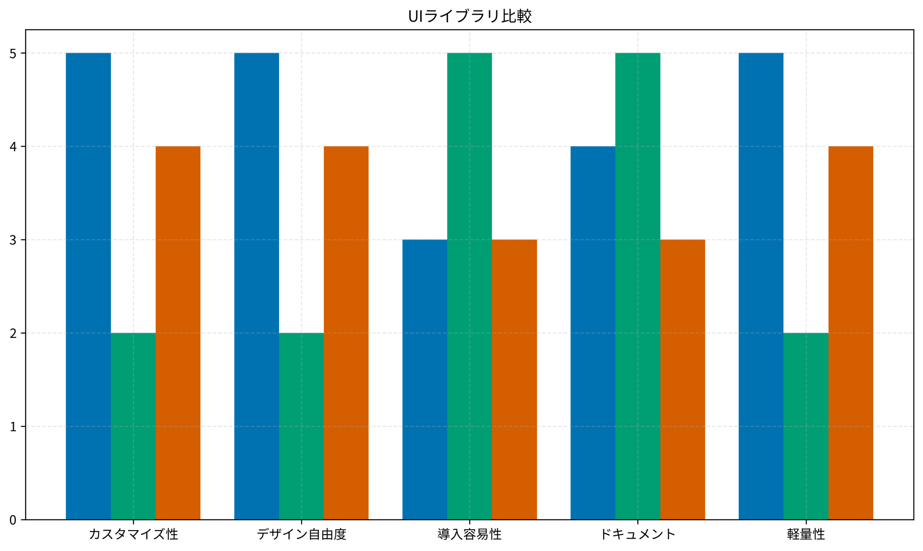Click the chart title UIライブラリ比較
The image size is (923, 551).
470,16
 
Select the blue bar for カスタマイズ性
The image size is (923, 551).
88,286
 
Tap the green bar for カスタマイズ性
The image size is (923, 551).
133,426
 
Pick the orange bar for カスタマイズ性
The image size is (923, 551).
178,333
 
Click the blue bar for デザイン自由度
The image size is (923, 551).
257,286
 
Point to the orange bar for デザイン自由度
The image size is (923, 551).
346,333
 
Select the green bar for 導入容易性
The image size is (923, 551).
469,286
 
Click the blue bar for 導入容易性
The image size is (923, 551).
425,380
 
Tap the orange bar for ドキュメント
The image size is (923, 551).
683,380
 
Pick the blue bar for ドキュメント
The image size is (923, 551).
593,333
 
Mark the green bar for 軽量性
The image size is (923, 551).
806,426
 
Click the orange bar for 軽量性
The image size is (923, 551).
851,333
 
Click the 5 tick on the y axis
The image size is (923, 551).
13,53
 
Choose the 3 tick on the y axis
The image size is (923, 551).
13,240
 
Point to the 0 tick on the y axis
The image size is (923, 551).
13,520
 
